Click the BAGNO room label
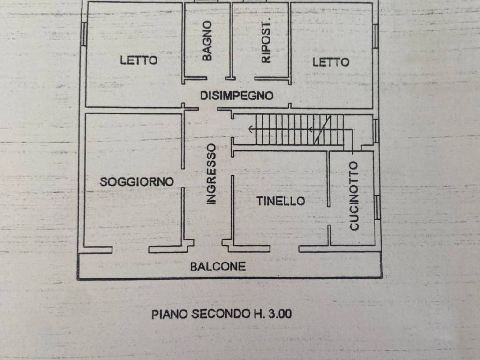point(207,41)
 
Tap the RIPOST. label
point(266,42)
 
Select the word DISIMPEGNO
point(237,96)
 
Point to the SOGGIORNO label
point(137,181)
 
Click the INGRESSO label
point(211,174)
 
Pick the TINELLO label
point(280,201)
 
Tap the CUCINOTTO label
point(354,196)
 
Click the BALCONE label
point(218,266)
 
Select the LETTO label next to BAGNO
point(139,60)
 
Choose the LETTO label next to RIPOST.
point(330,62)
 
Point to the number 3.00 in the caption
point(280,314)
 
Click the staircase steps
point(300,129)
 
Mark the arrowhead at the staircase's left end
point(251,129)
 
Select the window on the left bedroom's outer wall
point(83,34)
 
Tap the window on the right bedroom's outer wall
point(375,36)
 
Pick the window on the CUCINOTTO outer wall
point(377,208)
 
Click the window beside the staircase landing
point(375,131)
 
